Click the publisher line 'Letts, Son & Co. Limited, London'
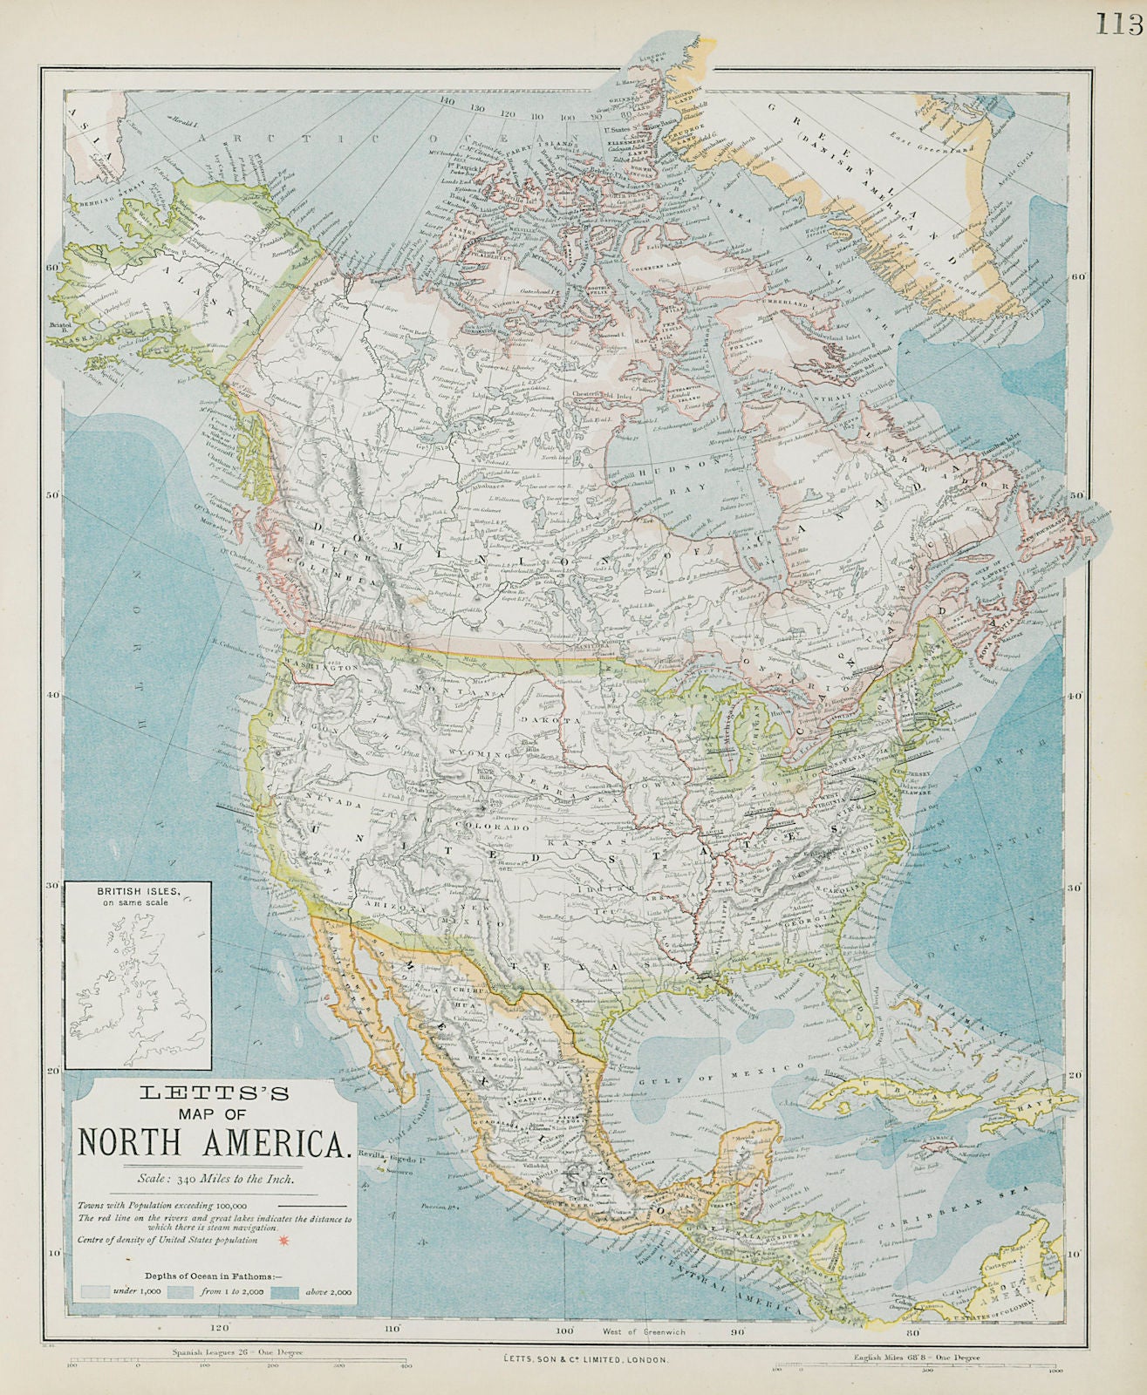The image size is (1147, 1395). pyautogui.click(x=574, y=1359)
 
